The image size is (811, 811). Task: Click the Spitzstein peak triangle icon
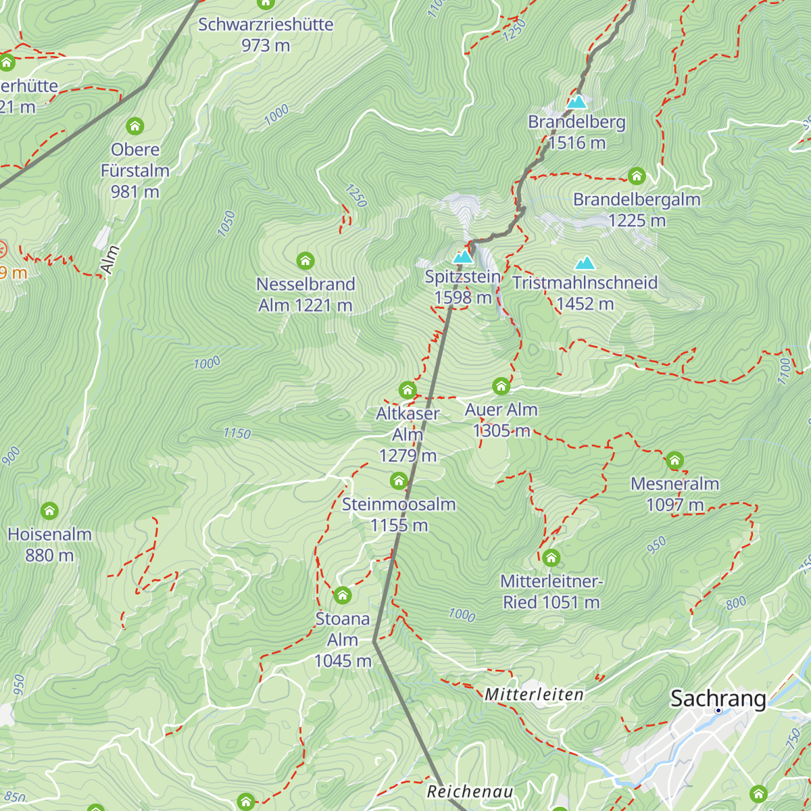tap(463, 257)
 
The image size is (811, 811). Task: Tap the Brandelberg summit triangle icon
tap(576, 102)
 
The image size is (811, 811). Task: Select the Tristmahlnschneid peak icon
tap(585, 262)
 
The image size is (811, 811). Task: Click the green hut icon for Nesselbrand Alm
tap(305, 260)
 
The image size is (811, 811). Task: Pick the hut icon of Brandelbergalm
tap(637, 176)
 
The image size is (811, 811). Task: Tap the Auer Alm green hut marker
tap(501, 386)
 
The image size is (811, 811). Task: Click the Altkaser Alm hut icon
tap(407, 390)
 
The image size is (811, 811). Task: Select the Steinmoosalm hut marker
tap(399, 481)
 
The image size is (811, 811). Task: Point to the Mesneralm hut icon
tap(674, 461)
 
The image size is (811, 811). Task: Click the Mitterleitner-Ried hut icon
tap(551, 558)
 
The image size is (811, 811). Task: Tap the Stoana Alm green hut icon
tap(343, 595)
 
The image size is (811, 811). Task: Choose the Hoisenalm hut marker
tap(49, 511)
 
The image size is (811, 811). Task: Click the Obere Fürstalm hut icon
tap(135, 126)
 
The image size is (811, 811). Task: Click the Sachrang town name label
tap(718, 698)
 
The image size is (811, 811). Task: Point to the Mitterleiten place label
tap(534, 694)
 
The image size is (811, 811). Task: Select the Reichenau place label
tap(470, 791)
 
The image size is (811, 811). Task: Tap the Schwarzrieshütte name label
tap(266, 24)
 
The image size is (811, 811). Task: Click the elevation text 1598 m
tap(463, 298)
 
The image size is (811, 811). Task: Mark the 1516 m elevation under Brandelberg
tap(577, 143)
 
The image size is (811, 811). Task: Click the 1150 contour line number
tap(237, 433)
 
